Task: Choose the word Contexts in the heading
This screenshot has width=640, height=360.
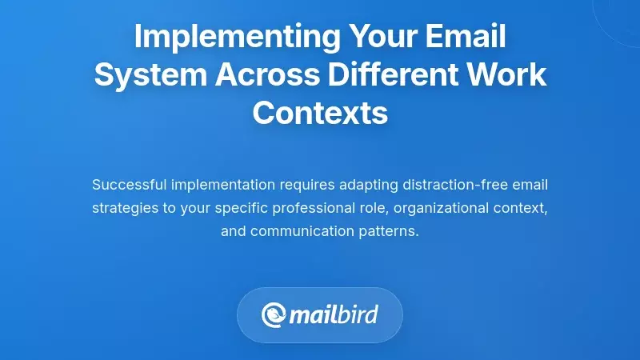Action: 320,113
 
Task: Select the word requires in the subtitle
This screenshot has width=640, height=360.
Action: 306,185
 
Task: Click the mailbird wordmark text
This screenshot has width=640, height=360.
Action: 337,314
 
